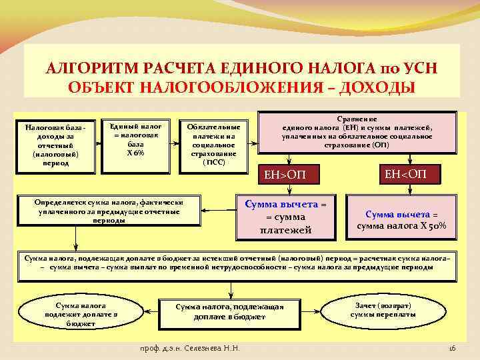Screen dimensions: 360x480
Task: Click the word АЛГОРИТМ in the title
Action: pos(86,69)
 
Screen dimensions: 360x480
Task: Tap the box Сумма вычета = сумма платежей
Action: pos(285,217)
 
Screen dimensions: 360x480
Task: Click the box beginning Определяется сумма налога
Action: pos(110,210)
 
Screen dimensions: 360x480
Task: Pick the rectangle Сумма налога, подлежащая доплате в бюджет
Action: pos(229,311)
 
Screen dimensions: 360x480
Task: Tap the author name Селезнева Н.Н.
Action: pos(213,349)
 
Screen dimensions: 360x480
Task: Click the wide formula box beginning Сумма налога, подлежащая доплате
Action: pos(236,262)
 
